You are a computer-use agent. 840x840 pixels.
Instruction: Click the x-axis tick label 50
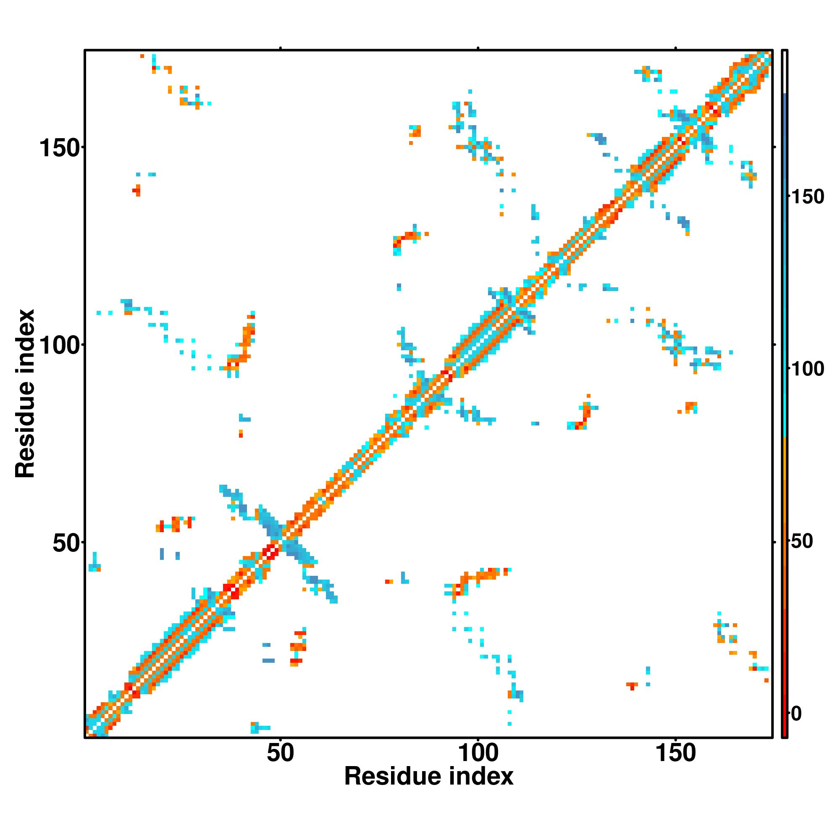(280, 753)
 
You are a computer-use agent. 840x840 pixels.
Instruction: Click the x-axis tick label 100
(478, 753)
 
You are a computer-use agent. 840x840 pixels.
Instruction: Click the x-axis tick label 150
(675, 753)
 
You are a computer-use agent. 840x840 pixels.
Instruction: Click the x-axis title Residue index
(429, 776)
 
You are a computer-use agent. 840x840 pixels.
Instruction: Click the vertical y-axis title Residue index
(25, 394)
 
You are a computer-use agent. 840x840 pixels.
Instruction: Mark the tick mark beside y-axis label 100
(83, 344)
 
